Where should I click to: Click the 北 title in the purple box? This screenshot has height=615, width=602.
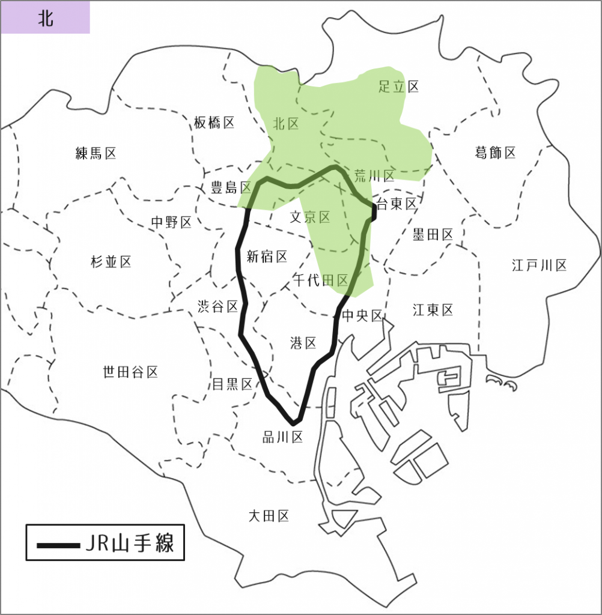coord(46,18)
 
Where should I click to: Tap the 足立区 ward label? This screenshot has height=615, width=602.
coord(398,86)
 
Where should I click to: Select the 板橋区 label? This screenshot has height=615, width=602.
coord(214,123)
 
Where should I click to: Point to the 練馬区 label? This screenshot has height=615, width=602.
coord(96,153)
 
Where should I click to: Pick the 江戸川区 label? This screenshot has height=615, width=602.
coord(540,265)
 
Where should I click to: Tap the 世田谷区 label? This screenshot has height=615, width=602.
coord(130,372)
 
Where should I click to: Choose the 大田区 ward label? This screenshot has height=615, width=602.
coord(269,515)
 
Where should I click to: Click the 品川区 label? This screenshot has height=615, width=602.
coord(282,437)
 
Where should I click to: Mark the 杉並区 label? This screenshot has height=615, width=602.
coord(111,261)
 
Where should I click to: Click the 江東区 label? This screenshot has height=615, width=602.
coord(433,310)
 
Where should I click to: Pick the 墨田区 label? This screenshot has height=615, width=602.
coord(433,234)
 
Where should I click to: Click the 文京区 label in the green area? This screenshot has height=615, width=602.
coord(310,217)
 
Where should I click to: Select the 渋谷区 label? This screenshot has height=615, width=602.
coord(218,306)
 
